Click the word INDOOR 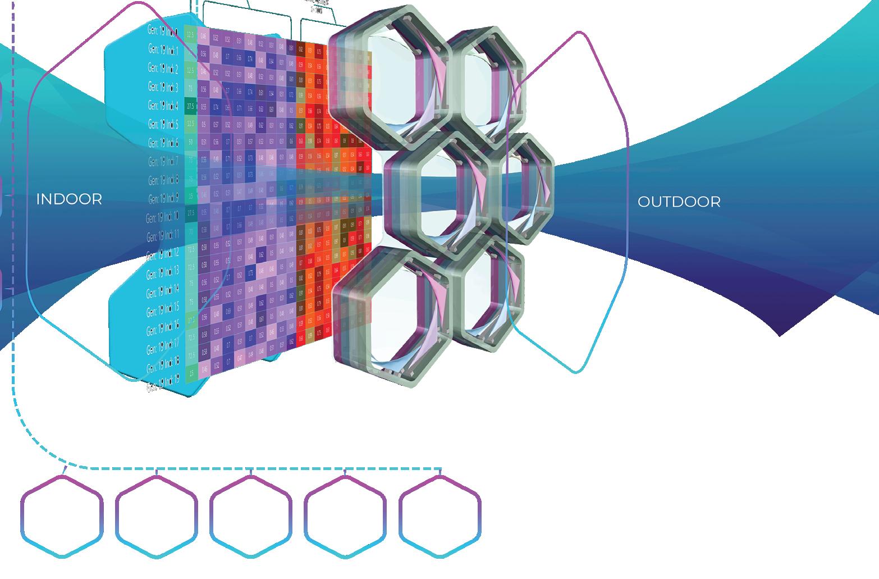point(69,199)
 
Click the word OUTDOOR point(679,202)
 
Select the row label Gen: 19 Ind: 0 point(163,33)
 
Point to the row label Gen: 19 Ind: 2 point(163,69)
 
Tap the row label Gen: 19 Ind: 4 point(163,106)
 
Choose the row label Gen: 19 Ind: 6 point(163,143)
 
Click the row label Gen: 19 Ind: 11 point(163,235)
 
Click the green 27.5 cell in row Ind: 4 point(191,106)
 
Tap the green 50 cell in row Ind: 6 point(191,142)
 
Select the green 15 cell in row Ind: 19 point(191,372)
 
